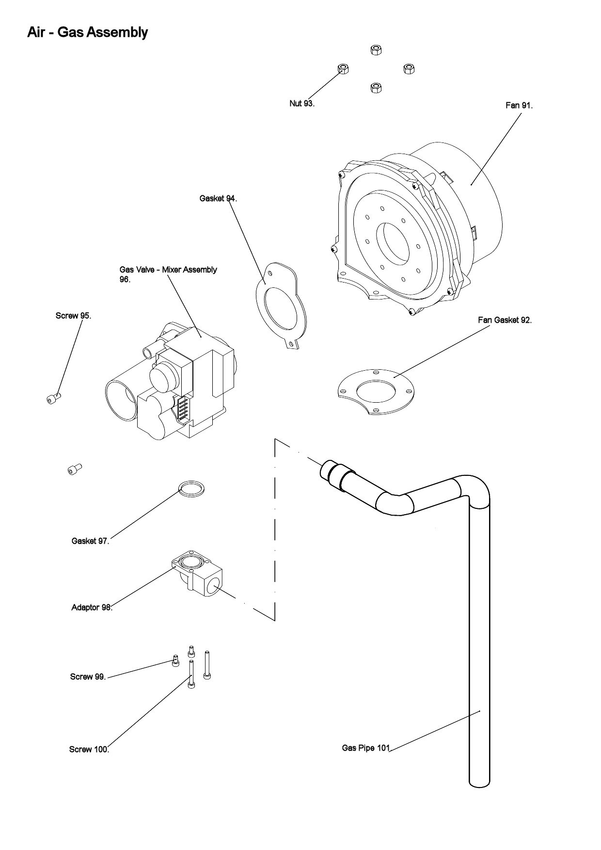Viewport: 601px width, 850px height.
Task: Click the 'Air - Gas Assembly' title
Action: point(88,32)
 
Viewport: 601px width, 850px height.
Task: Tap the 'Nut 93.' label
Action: point(302,103)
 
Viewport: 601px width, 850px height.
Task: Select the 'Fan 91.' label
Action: point(519,105)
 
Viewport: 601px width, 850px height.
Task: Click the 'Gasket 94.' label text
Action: point(218,198)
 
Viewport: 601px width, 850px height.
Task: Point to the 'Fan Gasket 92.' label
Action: point(505,320)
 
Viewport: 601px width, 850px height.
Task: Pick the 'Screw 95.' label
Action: point(73,315)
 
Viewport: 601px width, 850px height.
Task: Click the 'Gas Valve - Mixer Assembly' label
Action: point(168,270)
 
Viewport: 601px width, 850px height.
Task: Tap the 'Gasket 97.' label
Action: point(90,541)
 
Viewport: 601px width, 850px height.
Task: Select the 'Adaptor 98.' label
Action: point(92,607)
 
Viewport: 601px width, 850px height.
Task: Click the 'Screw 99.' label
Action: point(88,677)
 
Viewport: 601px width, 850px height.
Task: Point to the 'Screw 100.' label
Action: point(89,749)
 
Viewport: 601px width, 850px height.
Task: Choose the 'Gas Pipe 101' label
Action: point(366,748)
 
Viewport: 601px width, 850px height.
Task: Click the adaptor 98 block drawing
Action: point(199,574)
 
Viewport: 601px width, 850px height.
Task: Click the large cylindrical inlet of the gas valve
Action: point(121,398)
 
